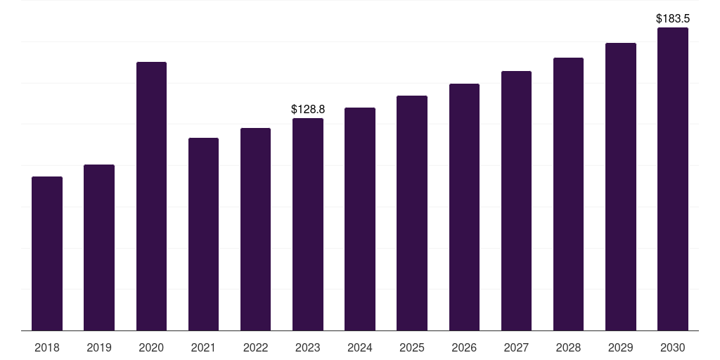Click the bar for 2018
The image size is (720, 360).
[47, 253]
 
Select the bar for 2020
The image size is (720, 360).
[152, 196]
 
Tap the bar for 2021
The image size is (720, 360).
[203, 234]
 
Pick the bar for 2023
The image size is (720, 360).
[308, 224]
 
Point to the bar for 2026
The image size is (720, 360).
[464, 207]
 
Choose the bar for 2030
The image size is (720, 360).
[673, 179]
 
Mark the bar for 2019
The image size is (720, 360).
[99, 247]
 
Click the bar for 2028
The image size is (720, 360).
[568, 194]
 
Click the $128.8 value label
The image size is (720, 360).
[308, 109]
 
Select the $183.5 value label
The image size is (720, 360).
[673, 18]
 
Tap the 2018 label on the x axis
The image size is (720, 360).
[47, 347]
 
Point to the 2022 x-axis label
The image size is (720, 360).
[255, 347]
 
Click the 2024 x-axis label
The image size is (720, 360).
[359, 347]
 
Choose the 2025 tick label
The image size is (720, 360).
[412, 347]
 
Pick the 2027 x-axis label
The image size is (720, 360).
[516, 347]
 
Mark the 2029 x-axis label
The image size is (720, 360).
[620, 347]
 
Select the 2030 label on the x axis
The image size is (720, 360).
[673, 347]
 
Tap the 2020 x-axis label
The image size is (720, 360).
[151, 347]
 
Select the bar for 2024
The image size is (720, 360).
[360, 219]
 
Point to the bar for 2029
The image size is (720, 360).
[621, 187]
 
